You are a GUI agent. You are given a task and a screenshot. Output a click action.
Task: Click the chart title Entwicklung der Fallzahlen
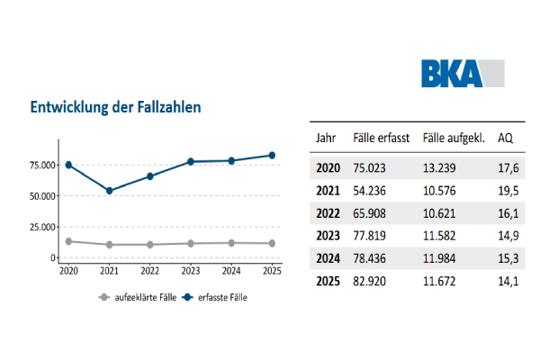click(x=115, y=107)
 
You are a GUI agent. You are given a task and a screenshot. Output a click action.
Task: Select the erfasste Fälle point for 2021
click(x=109, y=191)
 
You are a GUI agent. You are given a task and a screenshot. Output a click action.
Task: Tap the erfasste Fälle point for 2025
click(x=271, y=155)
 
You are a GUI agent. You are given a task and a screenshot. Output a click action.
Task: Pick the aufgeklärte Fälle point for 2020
click(x=68, y=241)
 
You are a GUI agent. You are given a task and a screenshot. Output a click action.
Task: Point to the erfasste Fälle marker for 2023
click(x=191, y=162)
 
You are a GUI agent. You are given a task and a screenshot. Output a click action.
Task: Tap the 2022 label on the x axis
click(x=149, y=270)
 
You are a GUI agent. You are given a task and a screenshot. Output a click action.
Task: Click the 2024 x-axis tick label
click(x=230, y=270)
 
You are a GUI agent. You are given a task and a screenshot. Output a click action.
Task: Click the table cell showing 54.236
click(x=377, y=191)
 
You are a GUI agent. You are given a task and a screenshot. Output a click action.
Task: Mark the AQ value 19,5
click(x=508, y=191)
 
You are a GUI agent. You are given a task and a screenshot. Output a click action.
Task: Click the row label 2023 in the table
click(x=330, y=238)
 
